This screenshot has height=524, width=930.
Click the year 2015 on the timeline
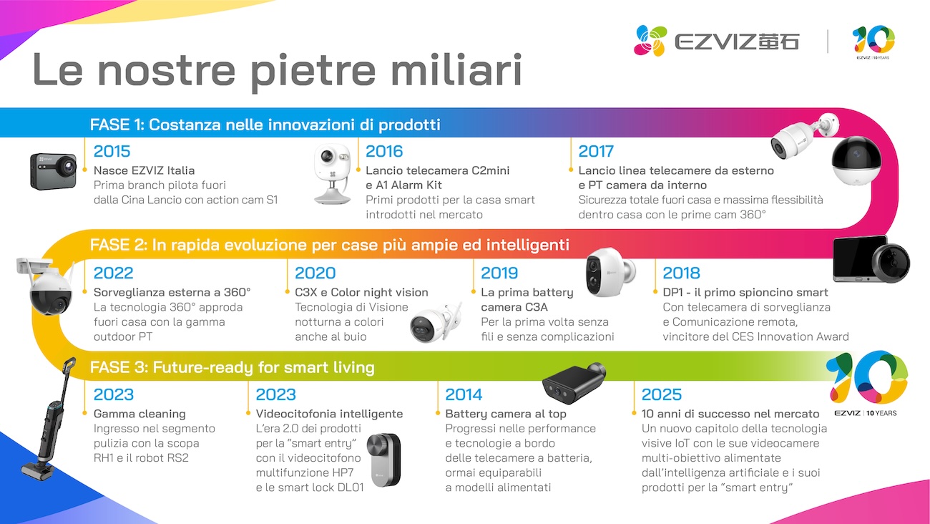coord(112,151)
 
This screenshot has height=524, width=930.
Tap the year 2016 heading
coord(384,151)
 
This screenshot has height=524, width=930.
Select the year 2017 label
coord(596,151)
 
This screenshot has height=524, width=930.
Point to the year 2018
coord(681,273)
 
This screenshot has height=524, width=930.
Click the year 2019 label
coord(499,273)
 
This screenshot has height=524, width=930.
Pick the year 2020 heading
coord(315,273)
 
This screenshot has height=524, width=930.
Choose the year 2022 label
coord(113,273)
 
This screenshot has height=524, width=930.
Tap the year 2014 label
coord(464,394)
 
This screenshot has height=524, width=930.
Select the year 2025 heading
coord(662,394)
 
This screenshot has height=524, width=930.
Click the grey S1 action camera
coord(54,171)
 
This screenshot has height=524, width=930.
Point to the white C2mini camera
coord(332,174)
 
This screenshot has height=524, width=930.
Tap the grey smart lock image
coord(384,460)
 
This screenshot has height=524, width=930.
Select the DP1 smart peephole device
coord(871,259)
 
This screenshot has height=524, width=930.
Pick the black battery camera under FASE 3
coord(574,383)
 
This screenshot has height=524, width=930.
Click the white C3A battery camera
coord(610,272)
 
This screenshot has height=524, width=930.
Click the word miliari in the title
coord(456,70)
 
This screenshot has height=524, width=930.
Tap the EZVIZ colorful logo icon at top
coord(650,41)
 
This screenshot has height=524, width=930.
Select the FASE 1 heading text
coord(265,125)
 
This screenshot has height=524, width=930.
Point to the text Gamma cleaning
coord(139,414)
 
